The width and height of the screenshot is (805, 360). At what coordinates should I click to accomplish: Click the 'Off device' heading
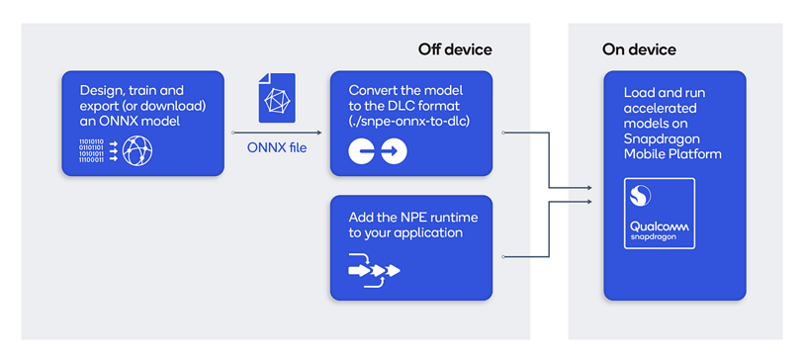[x=455, y=49]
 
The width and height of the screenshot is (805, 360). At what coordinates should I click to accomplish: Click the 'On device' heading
[x=639, y=49]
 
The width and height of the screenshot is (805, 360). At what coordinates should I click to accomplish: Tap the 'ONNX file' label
[x=277, y=148]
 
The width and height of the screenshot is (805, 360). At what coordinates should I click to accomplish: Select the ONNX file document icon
[x=277, y=98]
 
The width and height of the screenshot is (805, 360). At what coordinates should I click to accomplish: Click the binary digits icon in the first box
[x=91, y=151]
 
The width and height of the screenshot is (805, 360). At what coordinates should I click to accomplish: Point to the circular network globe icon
[x=137, y=151]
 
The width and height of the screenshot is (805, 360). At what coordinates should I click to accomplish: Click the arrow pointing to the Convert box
[x=317, y=132]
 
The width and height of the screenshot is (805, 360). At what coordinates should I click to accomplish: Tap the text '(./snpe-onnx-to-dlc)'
[x=407, y=123]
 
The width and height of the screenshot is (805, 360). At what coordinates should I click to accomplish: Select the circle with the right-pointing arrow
[x=394, y=151]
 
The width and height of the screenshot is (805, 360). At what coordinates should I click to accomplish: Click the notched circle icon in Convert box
[x=362, y=151]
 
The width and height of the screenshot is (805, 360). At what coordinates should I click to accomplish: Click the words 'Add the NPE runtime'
[x=403, y=217]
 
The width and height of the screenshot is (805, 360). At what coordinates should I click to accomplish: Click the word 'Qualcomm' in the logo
[x=660, y=229]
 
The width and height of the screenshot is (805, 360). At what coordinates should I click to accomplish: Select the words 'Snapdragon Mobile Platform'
[x=672, y=146]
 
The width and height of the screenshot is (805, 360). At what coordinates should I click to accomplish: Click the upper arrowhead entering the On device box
[x=591, y=185]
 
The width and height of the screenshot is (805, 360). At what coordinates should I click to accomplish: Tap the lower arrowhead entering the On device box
[x=591, y=203]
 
